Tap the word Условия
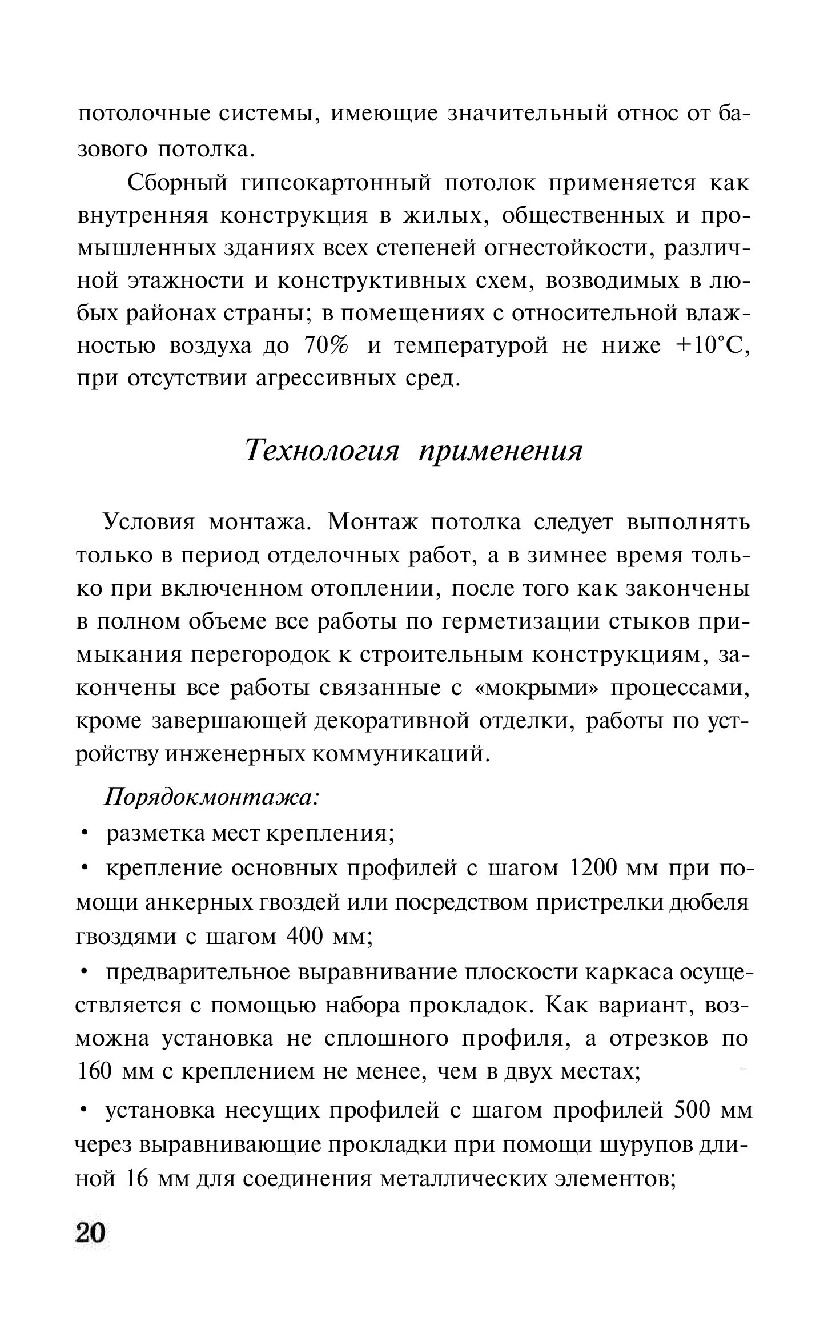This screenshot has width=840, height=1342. coord(148,522)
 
